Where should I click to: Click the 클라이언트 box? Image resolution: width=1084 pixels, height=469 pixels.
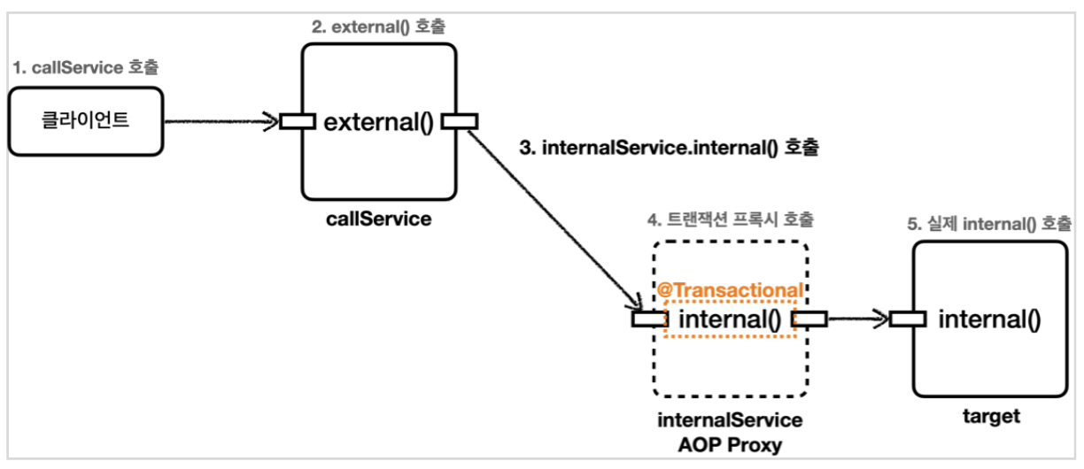tap(86, 121)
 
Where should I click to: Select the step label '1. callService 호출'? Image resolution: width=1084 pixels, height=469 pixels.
tap(86, 67)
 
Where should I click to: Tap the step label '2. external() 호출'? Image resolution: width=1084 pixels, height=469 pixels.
tap(379, 27)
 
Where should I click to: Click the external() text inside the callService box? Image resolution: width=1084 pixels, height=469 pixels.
tap(378, 121)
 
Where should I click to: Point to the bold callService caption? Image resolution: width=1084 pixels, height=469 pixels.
tap(378, 219)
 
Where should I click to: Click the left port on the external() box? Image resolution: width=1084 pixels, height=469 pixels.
tap(298, 121)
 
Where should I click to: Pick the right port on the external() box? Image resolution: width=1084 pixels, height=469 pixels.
tap(460, 121)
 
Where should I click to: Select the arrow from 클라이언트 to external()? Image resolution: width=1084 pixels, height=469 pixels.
tap(221, 122)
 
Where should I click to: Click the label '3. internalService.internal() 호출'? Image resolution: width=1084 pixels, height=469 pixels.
tap(669, 148)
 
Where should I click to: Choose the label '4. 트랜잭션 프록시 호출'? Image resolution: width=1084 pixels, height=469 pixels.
tap(731, 218)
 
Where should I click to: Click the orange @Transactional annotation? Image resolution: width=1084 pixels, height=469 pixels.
tap(731, 290)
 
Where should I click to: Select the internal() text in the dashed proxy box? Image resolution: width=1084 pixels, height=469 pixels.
tap(731, 319)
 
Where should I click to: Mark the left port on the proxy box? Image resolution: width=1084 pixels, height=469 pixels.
tap(650, 319)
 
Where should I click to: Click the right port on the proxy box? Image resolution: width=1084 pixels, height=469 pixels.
tap(809, 319)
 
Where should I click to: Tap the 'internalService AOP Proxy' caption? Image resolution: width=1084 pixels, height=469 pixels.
tap(731, 432)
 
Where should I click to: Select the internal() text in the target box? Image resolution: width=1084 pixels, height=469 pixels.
tap(989, 319)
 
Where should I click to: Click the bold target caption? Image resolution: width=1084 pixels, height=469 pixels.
tap(990, 416)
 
